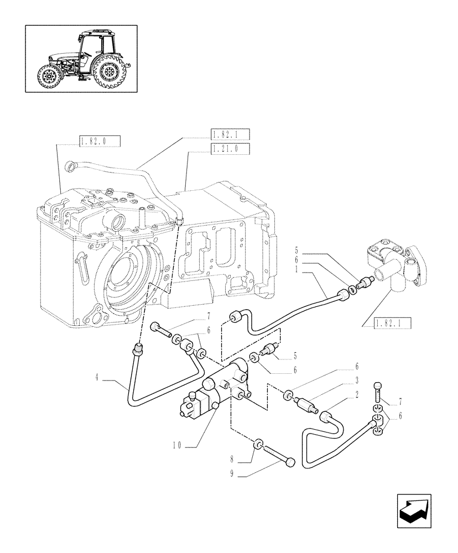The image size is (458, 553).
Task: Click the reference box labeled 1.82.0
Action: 100,142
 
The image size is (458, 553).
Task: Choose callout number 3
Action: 357,381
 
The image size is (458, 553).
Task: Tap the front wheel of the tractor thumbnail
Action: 49,77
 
